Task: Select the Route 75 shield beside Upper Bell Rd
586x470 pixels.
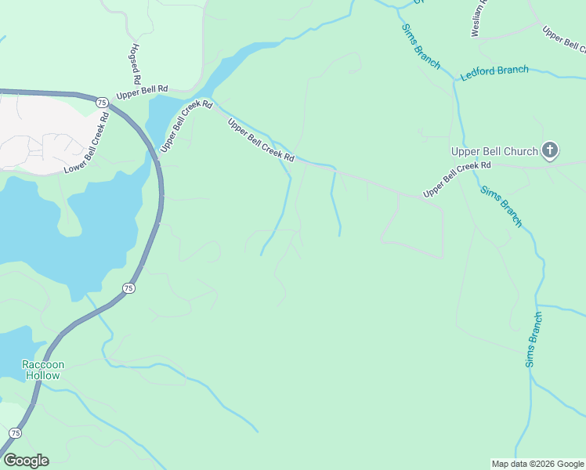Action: tap(102, 103)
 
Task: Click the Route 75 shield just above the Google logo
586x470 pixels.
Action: tap(16, 433)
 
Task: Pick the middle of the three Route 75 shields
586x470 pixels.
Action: tap(128, 288)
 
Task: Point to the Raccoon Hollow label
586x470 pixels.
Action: tap(42, 370)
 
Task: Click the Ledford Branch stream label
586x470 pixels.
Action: tap(494, 70)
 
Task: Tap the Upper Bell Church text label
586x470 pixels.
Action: tap(494, 151)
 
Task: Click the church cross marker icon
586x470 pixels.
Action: tap(550, 150)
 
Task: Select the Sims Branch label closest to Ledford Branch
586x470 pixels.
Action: tap(421, 45)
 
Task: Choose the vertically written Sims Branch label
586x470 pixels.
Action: tap(534, 340)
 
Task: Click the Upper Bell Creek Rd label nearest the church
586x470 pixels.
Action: tap(457, 180)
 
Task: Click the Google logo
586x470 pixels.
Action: tap(26, 461)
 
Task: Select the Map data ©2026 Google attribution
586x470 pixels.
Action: tap(537, 464)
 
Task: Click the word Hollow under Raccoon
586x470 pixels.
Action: tap(42, 375)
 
